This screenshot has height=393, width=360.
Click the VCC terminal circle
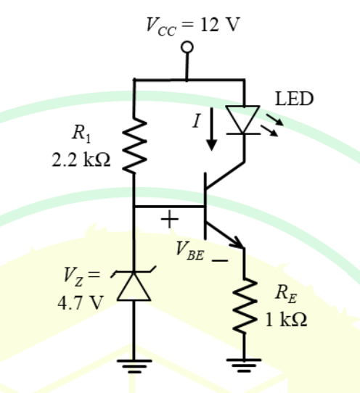[x=187, y=47]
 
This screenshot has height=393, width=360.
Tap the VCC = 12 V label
[x=193, y=26]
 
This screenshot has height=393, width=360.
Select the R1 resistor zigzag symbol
[x=134, y=145]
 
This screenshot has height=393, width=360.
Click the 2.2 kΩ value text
[x=81, y=160]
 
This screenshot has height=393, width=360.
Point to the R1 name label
[x=81, y=133]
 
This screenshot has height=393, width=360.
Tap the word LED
[x=294, y=99]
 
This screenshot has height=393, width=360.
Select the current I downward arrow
[x=212, y=129]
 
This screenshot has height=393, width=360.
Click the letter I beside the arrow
[x=197, y=120]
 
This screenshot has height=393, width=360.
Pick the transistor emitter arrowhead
[x=238, y=243]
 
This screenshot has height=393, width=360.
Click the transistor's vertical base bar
[x=205, y=206]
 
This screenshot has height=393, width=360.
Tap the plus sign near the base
[x=170, y=219]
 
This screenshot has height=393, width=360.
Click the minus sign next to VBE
[x=220, y=260]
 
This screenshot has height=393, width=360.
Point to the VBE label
[x=190, y=251]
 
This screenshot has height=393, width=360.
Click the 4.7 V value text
[x=81, y=303]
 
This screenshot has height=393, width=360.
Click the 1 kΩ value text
[x=286, y=320]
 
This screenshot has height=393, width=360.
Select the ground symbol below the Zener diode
[x=134, y=366]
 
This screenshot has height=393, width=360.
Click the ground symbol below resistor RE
[x=244, y=365]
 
